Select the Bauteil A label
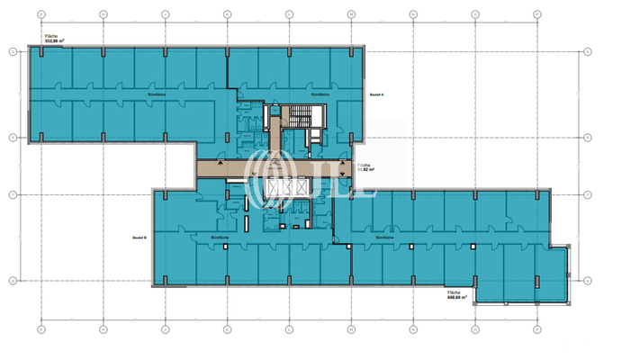pyautogui.click(x=376, y=94)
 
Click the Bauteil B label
pyautogui.click(x=140, y=238)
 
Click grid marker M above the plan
pyautogui.click(x=350, y=14)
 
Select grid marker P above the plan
pyautogui.click(x=538, y=14)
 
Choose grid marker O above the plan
pyautogui.click(x=474, y=14)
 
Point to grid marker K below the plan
pyautogui.click(x=227, y=330)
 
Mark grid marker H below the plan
pyautogui.click(x=41, y=330)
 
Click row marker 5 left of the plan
pyautogui.click(x=12, y=51)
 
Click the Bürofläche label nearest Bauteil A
pyautogui.click(x=320, y=94)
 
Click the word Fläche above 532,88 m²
pyautogui.click(x=51, y=35)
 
